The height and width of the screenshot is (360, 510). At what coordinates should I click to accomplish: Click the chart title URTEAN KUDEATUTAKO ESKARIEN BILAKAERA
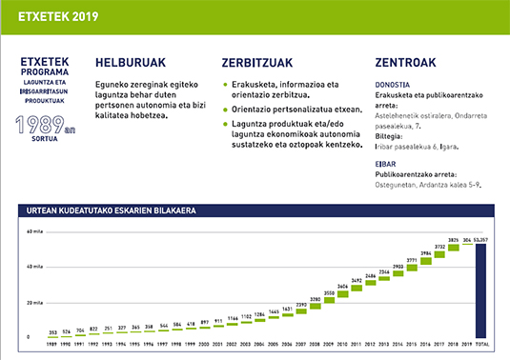point(106,210)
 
